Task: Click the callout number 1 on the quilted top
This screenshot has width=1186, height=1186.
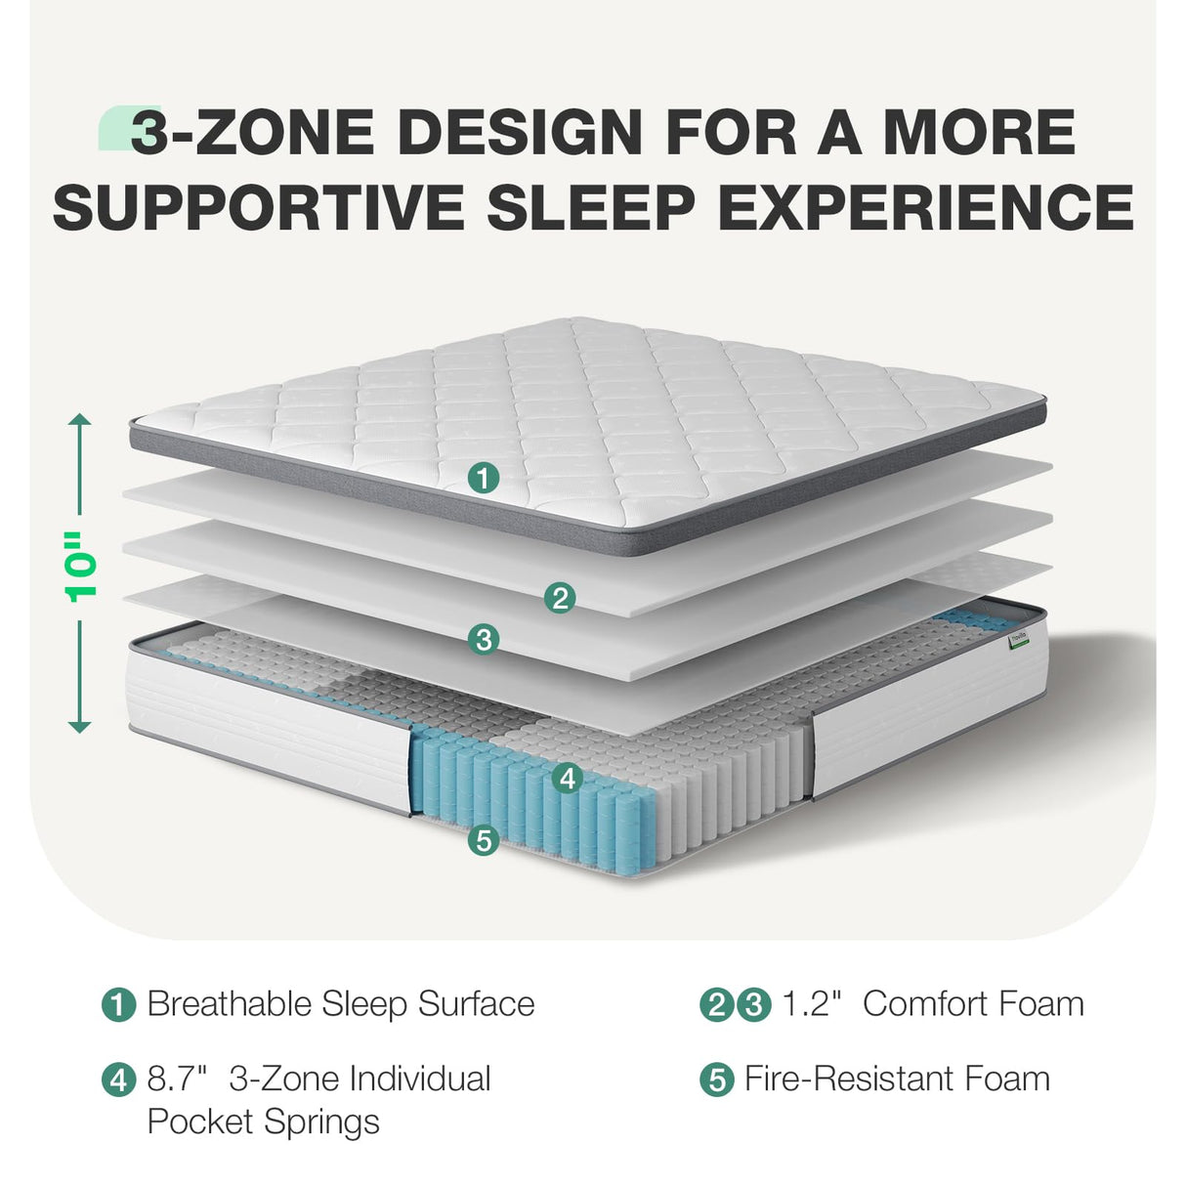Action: pyautogui.click(x=484, y=478)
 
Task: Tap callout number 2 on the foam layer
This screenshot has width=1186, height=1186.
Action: pyautogui.click(x=560, y=598)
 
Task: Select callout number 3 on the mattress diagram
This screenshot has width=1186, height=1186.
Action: pyautogui.click(x=484, y=640)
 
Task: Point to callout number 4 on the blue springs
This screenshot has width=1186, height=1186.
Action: pyautogui.click(x=567, y=779)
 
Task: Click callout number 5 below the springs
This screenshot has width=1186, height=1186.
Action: pyautogui.click(x=484, y=839)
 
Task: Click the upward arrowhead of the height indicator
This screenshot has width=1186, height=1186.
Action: pyautogui.click(x=80, y=420)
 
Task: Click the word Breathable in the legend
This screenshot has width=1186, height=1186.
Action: pyautogui.click(x=229, y=1004)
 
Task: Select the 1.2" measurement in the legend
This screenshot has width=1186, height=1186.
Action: pyautogui.click(x=812, y=1004)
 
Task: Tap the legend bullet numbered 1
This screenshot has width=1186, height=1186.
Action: pyautogui.click(x=119, y=1005)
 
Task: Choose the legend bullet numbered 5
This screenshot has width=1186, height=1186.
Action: pyautogui.click(x=717, y=1080)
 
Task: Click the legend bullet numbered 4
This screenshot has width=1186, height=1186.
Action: pyautogui.click(x=119, y=1080)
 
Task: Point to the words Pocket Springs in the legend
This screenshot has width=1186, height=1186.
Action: pyautogui.click(x=263, y=1122)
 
